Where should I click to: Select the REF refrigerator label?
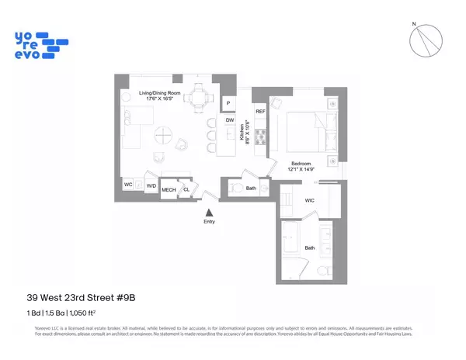[260, 111]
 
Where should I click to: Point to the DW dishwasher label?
[230, 120]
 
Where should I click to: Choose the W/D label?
[151, 185]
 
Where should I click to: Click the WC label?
[128, 185]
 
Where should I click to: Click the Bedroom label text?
[299, 164]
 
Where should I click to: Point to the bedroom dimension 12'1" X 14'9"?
[299, 171]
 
